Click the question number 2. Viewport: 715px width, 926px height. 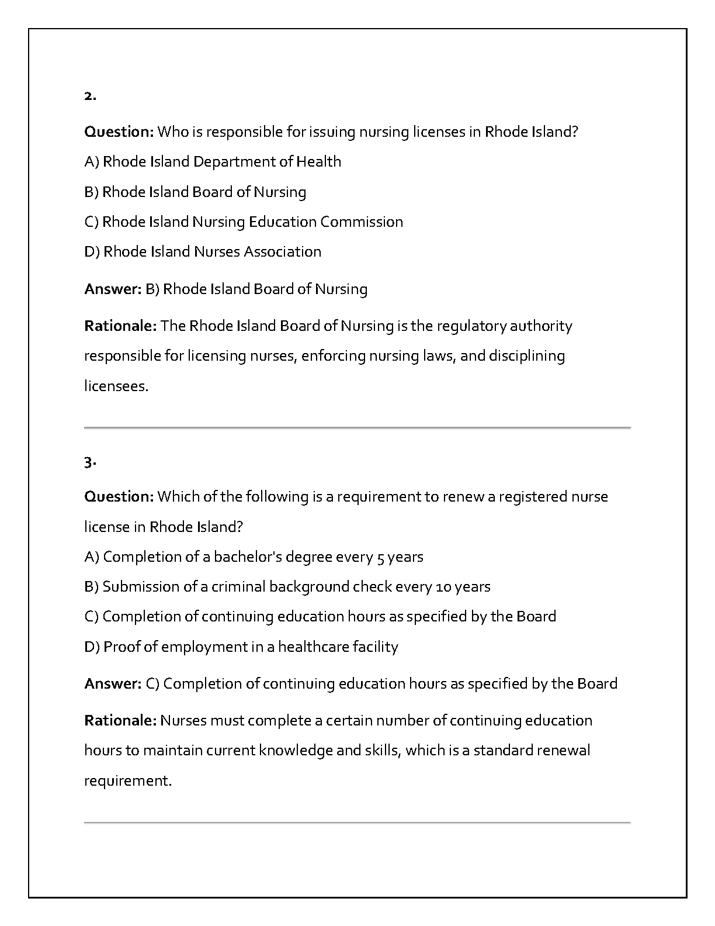pyautogui.click(x=89, y=96)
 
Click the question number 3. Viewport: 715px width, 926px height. pyautogui.click(x=89, y=463)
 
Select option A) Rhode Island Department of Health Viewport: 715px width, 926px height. pyautogui.click(x=213, y=161)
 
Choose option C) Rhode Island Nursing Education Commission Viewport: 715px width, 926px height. pyautogui.click(x=244, y=222)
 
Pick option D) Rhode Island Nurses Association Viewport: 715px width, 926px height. pyautogui.click(x=203, y=251)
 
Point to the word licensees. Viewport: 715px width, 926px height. pyautogui.click(x=116, y=386)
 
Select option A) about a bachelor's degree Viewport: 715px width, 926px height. pyautogui.click(x=254, y=557)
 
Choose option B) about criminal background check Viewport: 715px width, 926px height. pyautogui.click(x=287, y=586)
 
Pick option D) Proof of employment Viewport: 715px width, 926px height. pyautogui.click(x=241, y=647)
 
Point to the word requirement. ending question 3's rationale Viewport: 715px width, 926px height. pyautogui.click(x=128, y=781)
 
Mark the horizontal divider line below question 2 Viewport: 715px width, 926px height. pyautogui.click(x=357, y=428)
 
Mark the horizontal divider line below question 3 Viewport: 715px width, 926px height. pyautogui.click(x=357, y=823)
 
